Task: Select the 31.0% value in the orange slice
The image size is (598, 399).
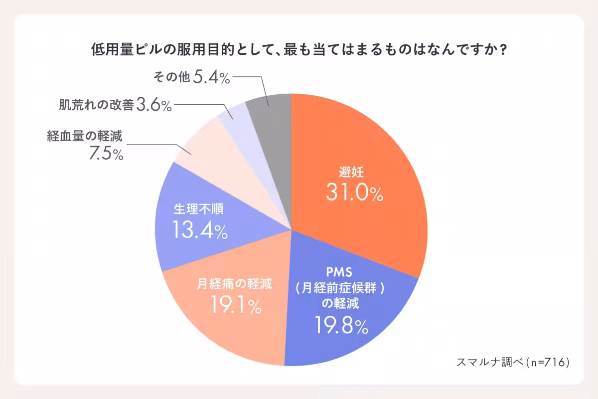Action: pos(354,192)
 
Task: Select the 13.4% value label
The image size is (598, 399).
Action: pos(200,230)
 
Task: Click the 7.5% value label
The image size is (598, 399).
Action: pos(106,154)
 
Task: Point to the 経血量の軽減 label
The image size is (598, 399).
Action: pos(85,136)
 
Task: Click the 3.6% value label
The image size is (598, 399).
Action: pos(154,105)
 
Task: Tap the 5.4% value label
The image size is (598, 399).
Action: pos(211,78)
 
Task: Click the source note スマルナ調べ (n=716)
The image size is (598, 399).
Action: pos(512,363)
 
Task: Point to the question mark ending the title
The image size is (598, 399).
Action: pos(503,50)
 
